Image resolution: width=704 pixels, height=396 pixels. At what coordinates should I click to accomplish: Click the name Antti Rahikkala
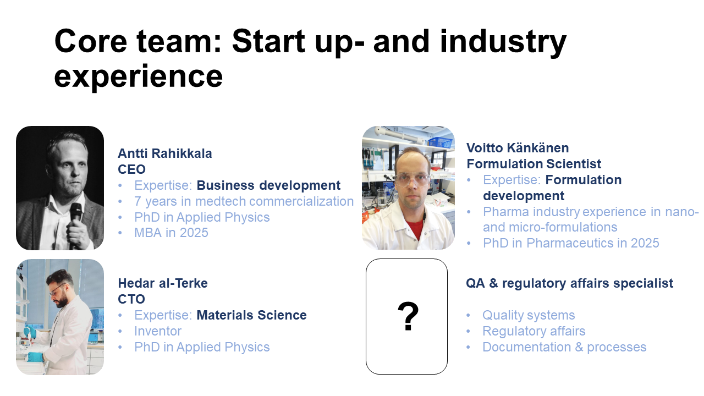[x=164, y=153]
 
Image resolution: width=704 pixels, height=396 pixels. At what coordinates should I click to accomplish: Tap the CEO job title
[x=131, y=169]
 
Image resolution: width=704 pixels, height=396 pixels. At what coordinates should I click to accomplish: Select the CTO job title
[x=131, y=299]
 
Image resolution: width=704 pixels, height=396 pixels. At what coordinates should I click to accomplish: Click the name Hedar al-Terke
[x=163, y=283]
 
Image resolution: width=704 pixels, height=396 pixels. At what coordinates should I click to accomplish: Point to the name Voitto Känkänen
[x=518, y=148]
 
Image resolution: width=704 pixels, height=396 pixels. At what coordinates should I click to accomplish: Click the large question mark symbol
[x=408, y=316]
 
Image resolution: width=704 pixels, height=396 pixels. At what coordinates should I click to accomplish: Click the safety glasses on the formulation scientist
[x=412, y=179]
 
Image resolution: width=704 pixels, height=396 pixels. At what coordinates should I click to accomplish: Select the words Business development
[x=268, y=185]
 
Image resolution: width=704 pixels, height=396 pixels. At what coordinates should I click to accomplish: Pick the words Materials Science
[x=251, y=315]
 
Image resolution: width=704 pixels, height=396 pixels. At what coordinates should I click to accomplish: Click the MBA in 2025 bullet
[x=171, y=233]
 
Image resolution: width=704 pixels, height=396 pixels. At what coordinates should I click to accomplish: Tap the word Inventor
[x=158, y=331]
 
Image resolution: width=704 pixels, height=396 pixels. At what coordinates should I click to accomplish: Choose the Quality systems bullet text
[x=529, y=315]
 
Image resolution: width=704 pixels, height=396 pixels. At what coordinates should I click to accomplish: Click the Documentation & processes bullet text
[x=564, y=347]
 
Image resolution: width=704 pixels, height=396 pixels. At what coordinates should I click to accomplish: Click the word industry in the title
[x=503, y=42]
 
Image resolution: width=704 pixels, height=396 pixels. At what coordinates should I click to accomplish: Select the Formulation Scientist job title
[x=533, y=164]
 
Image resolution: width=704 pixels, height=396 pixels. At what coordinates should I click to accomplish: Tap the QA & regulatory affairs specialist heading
[x=569, y=283]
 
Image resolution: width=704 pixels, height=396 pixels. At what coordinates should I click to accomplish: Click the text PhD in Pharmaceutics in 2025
[x=571, y=243]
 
